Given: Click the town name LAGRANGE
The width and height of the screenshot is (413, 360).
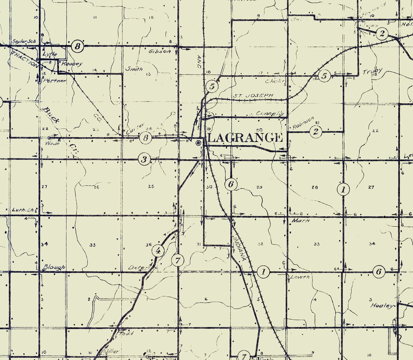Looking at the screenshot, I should pos(245,138).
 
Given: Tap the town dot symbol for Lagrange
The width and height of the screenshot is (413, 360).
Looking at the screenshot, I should pos(198,143).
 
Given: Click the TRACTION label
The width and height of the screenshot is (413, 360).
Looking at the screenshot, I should pos(25,58).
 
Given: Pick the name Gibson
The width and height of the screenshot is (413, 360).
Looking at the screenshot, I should pos(160,52).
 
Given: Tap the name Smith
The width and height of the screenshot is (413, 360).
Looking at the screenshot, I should pos(134,69).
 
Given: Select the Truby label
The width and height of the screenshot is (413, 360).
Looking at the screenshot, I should pos(373,71).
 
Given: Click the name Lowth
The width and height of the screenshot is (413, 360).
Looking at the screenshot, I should pos(300,277).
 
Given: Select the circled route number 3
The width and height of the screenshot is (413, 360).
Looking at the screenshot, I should pos(145,159).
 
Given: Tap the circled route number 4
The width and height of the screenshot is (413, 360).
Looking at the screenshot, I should pos(158,251).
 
